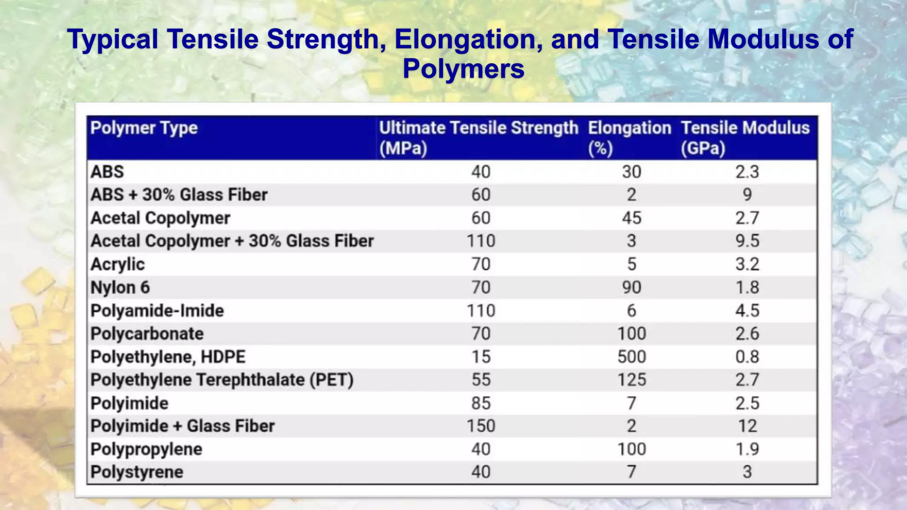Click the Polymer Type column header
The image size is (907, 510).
click(144, 128)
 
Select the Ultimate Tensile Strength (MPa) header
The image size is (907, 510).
click(478, 137)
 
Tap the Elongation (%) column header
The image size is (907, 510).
click(629, 137)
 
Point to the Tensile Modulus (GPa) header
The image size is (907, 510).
click(745, 137)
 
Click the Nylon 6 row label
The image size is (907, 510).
click(120, 287)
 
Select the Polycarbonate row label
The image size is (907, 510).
click(147, 334)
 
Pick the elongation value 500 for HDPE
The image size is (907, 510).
click(632, 357)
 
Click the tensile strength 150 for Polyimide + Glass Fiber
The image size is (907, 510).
click(481, 426)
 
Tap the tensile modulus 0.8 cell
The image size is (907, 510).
click(747, 357)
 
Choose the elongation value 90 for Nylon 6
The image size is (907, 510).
click(632, 287)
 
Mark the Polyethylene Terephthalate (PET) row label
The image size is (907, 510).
click(222, 380)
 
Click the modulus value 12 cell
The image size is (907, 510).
click(747, 426)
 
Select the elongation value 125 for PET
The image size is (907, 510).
click(632, 380)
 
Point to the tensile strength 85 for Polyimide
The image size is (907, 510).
click(481, 403)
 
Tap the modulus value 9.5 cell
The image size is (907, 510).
click(747, 241)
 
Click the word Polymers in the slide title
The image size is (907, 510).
click(463, 69)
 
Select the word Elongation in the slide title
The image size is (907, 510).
click(469, 39)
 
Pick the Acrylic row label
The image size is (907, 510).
click(117, 264)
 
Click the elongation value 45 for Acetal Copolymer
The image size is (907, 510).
click(632, 218)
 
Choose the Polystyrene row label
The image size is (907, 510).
click(136, 472)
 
